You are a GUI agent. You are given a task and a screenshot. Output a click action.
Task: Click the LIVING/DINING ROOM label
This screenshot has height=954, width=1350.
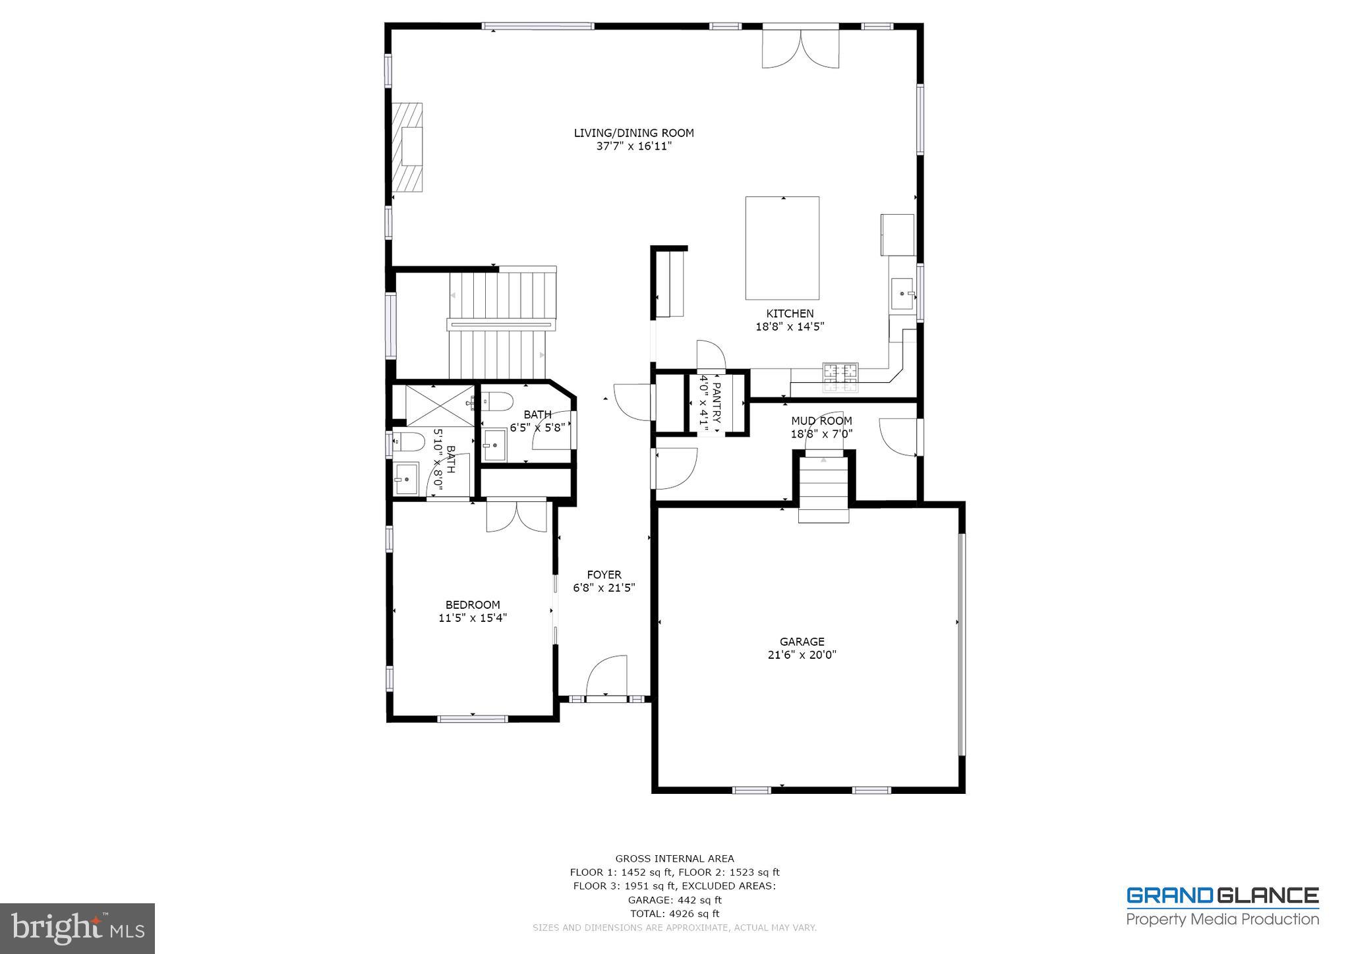pos(633,133)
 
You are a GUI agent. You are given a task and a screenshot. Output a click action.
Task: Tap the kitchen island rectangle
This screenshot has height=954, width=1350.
pos(782,248)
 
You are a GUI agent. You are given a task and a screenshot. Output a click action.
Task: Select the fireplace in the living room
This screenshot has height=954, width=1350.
pos(409,148)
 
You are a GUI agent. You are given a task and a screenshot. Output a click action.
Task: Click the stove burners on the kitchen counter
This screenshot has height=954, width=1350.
pos(840,377)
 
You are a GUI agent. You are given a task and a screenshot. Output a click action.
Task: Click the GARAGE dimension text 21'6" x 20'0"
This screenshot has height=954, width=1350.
pos(802,655)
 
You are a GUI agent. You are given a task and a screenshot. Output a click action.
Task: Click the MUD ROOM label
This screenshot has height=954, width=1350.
pos(821,421)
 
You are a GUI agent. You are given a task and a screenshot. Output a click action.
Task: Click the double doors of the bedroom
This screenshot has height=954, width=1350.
pos(516,516)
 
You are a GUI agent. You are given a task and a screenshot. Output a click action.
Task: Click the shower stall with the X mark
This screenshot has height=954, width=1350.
pos(439,405)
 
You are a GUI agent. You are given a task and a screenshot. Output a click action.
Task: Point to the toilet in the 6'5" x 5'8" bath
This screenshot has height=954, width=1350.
pos(496,401)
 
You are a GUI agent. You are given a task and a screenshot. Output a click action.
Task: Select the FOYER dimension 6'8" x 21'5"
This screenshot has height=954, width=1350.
pos(604,588)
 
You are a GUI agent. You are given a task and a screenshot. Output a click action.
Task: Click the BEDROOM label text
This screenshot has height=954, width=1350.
pos(473,605)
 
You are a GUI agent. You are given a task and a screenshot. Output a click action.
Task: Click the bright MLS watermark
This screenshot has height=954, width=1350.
pos(78,929)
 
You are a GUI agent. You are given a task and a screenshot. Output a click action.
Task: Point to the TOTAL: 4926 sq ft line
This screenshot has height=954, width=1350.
pos(674,914)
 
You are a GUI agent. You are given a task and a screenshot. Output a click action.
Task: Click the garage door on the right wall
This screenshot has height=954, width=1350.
pos(961,644)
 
